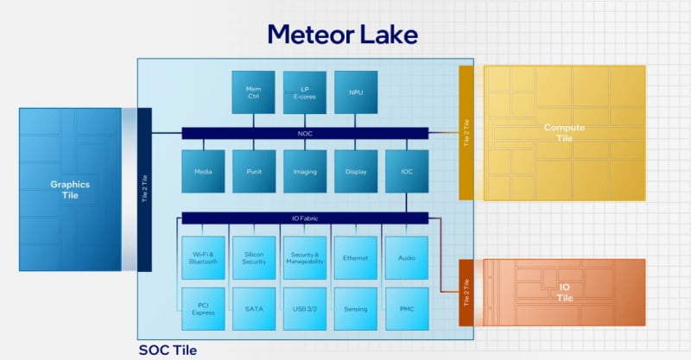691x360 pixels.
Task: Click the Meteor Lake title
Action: tap(342, 34)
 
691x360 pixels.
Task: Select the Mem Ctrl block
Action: tap(253, 92)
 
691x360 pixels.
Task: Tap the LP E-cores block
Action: tap(304, 92)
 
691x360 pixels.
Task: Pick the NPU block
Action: tap(355, 92)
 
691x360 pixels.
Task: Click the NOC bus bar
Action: tap(304, 133)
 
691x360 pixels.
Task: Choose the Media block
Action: tap(202, 171)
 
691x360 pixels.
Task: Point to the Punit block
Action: tap(253, 171)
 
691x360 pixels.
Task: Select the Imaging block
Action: tap(304, 171)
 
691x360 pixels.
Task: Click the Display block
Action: tap(355, 171)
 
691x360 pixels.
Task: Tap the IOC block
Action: tap(406, 171)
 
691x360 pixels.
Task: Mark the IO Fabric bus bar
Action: tap(304, 218)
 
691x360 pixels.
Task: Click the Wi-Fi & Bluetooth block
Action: tap(202, 256)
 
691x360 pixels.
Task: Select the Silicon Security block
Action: tap(253, 256)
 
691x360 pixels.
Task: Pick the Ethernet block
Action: tap(355, 256)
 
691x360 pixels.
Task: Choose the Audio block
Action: tap(406, 256)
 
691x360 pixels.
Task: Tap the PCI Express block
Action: tap(202, 308)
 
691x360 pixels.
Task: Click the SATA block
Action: tap(253, 308)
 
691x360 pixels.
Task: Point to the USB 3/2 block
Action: tap(304, 308)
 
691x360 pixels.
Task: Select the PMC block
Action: tap(406, 308)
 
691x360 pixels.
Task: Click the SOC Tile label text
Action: tap(168, 350)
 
